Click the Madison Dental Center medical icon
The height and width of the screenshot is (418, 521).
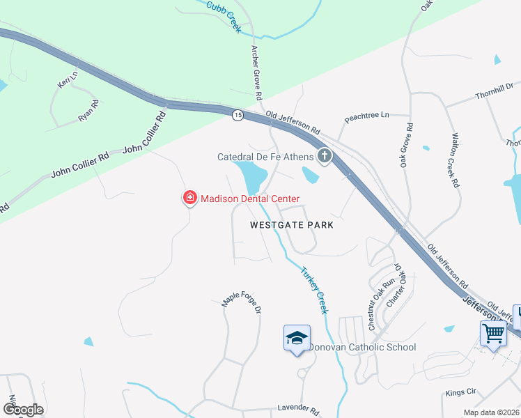189,199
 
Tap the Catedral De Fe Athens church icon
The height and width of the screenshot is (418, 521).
324,156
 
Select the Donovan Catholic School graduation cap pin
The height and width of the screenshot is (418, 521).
297,339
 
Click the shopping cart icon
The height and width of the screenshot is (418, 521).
493,334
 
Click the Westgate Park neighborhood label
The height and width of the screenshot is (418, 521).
293,225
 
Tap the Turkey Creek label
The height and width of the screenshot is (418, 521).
313,291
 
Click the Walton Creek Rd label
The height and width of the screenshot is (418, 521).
455,160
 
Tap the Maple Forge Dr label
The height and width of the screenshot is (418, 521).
241,300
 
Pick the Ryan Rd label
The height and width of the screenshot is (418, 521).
88,111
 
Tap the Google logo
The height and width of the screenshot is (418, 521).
22,410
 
